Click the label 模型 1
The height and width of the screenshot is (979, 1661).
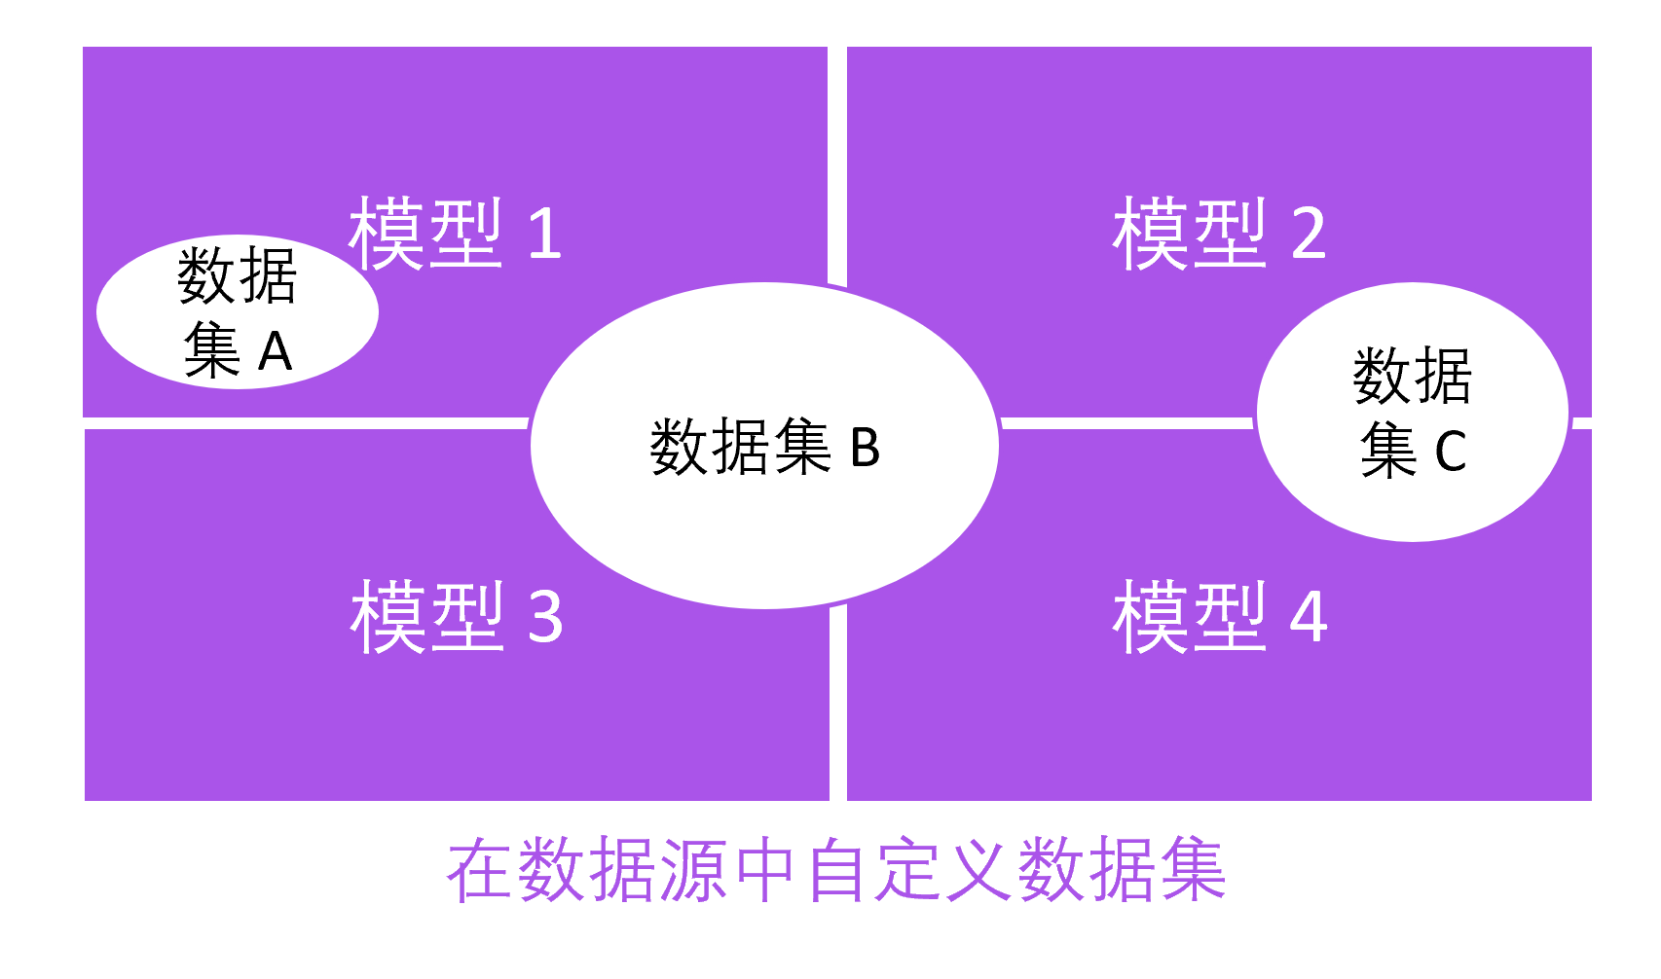tap(456, 234)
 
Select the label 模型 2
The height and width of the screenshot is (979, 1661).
tap(1219, 234)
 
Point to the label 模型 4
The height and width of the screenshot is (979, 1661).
tap(1220, 616)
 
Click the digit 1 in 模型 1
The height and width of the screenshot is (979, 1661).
tap(545, 235)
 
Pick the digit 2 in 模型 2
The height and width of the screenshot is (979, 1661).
tap(1309, 235)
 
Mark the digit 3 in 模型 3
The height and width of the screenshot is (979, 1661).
tap(545, 617)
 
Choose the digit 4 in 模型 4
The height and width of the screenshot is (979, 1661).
tap(1309, 617)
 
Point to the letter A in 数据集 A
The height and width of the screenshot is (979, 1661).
tap(276, 351)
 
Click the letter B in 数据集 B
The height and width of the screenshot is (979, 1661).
tap(865, 449)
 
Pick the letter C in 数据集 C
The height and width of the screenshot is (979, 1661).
tap(1451, 453)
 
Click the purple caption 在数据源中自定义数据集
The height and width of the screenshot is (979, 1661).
tap(835, 870)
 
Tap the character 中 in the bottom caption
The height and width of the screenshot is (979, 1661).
tap(765, 870)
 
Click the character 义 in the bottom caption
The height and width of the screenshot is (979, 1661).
tap(978, 870)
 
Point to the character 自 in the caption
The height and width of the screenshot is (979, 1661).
tap(836, 870)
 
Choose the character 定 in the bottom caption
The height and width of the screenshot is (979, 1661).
tap(907, 870)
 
